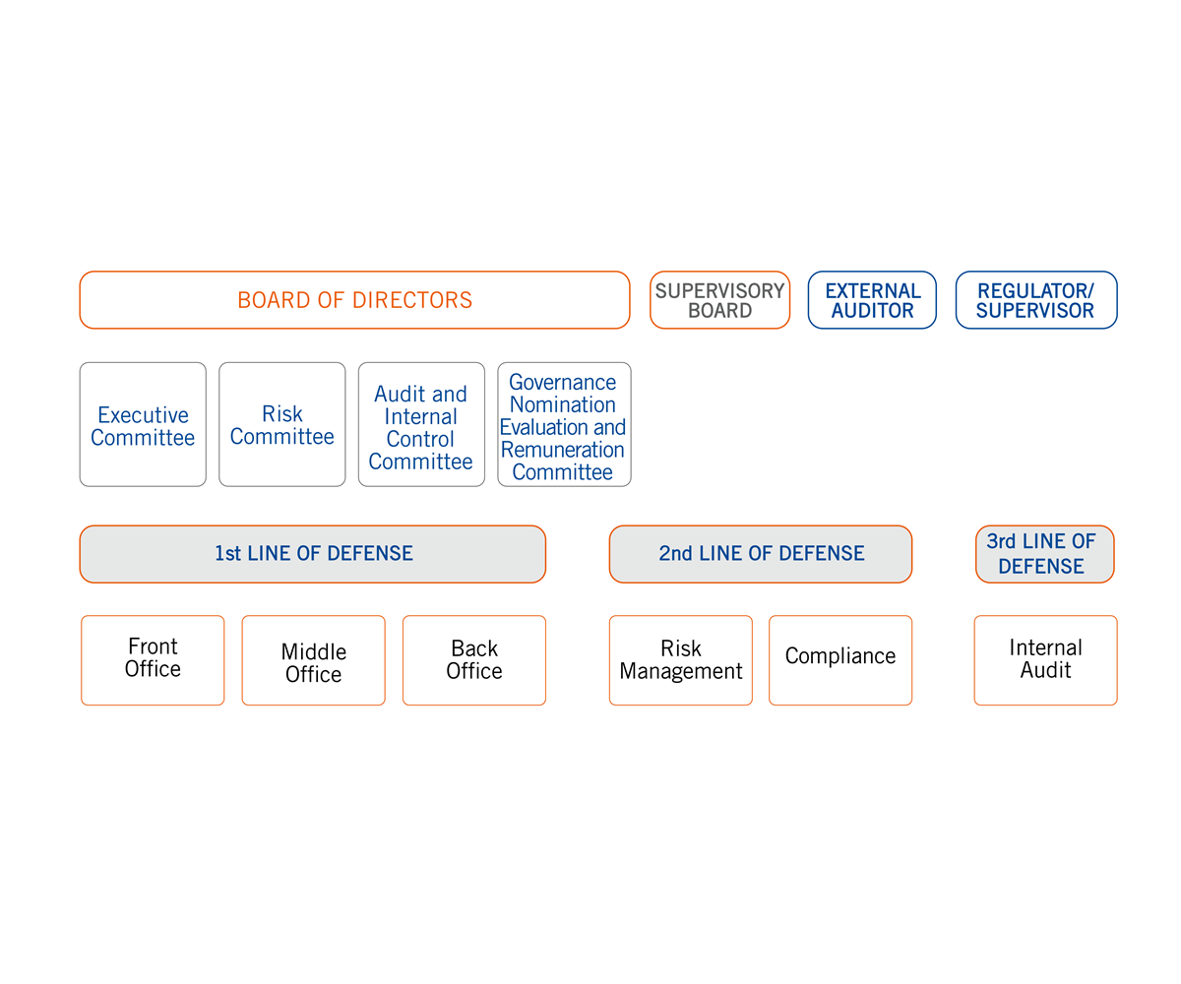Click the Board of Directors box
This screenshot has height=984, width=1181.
click(354, 300)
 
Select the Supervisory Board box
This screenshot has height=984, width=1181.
click(719, 300)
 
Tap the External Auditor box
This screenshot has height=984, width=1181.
click(872, 300)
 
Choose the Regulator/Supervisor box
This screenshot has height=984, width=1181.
click(1036, 300)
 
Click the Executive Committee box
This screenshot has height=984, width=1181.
click(143, 425)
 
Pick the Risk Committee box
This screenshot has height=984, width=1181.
click(282, 425)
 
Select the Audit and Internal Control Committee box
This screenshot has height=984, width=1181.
click(421, 425)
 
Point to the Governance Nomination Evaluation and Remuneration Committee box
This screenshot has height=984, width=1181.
click(564, 425)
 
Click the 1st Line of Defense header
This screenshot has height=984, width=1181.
click(313, 554)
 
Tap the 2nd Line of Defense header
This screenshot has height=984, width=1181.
click(761, 554)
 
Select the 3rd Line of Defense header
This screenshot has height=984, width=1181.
click(1044, 554)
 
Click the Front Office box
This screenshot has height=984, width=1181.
click(153, 660)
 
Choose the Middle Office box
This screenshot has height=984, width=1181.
click(313, 660)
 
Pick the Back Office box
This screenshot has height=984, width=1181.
click(474, 660)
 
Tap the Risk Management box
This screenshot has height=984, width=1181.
click(681, 660)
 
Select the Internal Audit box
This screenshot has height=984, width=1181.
click(1045, 660)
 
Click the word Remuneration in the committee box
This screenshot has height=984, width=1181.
click(563, 450)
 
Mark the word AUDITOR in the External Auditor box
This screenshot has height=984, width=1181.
click(872, 311)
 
